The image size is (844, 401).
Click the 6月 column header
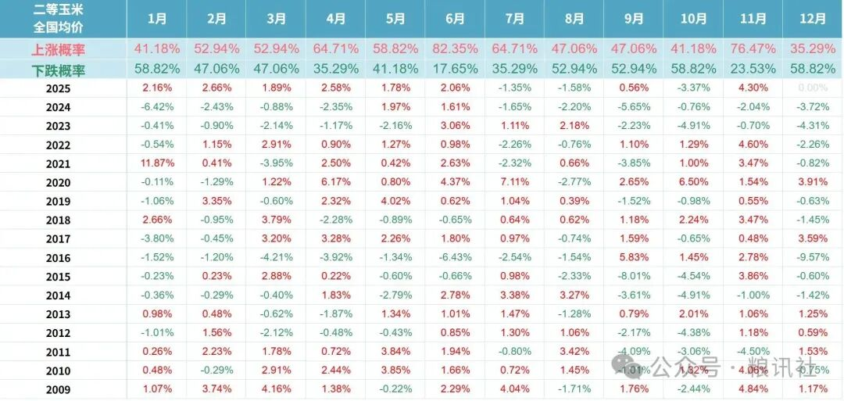tap(455, 19)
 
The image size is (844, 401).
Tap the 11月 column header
tap(753, 19)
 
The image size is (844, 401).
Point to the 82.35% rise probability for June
tap(455, 49)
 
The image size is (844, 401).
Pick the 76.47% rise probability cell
tap(753, 49)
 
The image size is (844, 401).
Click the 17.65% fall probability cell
tap(455, 69)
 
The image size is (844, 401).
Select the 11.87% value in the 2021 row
tap(156, 163)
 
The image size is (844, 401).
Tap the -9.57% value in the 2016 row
tap(813, 258)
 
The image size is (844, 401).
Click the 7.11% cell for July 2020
tap(515, 182)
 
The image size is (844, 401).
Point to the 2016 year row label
tap(58, 258)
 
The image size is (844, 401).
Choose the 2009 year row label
tap(58, 389)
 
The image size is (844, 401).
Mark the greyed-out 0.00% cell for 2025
tap(813, 88)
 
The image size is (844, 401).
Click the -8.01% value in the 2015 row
tap(633, 277)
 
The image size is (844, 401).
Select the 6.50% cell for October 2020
tap(694, 182)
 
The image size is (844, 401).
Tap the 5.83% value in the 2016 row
tap(633, 258)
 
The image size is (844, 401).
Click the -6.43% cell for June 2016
tap(455, 258)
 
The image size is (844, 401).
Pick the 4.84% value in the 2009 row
tap(753, 389)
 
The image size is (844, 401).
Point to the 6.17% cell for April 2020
tap(335, 182)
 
